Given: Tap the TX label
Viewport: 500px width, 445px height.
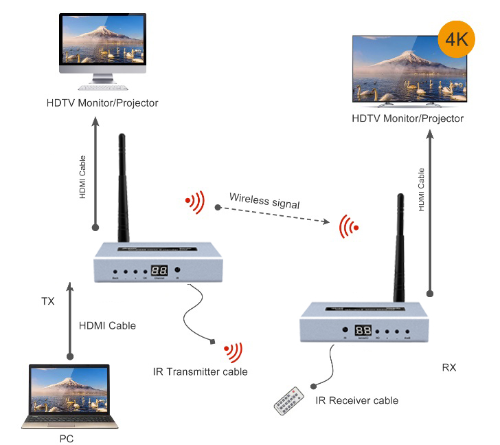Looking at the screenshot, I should coord(48,301).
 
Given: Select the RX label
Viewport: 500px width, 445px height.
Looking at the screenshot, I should coord(449,368).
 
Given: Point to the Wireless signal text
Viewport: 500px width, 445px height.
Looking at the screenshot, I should coord(265,200).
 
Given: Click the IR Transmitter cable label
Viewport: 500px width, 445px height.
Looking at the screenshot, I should coord(200,371).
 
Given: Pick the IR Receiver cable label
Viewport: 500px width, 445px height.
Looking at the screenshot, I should coord(356,400).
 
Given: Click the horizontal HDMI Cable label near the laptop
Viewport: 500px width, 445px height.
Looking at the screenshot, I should coord(107,325).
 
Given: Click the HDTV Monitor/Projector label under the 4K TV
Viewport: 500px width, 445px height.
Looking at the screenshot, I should coord(407,118).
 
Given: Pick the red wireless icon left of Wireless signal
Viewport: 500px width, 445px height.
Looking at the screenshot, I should coord(195,201).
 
